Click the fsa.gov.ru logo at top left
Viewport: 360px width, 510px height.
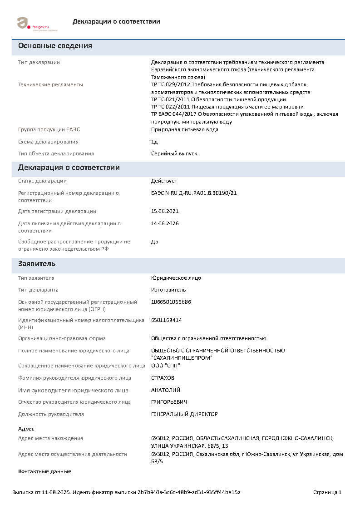coord(32,24)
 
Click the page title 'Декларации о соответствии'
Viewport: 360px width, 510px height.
coord(116,21)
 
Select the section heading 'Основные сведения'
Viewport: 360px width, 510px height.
coord(55,46)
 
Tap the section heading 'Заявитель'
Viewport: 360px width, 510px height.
coord(37,264)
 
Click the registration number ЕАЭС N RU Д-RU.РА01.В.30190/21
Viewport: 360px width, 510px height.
coord(194,193)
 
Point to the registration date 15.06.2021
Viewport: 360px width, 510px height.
coord(165,211)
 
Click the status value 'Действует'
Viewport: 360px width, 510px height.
coord(164,181)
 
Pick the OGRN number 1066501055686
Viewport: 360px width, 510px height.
coord(171,302)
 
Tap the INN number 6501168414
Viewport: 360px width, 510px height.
coord(167,320)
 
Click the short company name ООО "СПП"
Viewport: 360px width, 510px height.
coord(166,366)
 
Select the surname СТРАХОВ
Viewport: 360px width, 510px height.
coord(163,378)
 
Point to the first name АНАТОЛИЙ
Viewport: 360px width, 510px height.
coord(166,390)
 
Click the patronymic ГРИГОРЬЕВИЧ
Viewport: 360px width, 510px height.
coord(169,402)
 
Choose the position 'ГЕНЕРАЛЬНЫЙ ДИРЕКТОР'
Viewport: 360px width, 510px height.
coord(184,414)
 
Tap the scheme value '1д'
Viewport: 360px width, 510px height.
coord(154,142)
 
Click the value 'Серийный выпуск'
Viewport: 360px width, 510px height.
coord(174,153)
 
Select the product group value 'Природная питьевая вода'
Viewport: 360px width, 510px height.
coord(185,129)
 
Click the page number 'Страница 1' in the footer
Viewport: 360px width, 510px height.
coord(327,492)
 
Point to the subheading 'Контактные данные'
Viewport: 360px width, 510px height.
coord(44,471)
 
